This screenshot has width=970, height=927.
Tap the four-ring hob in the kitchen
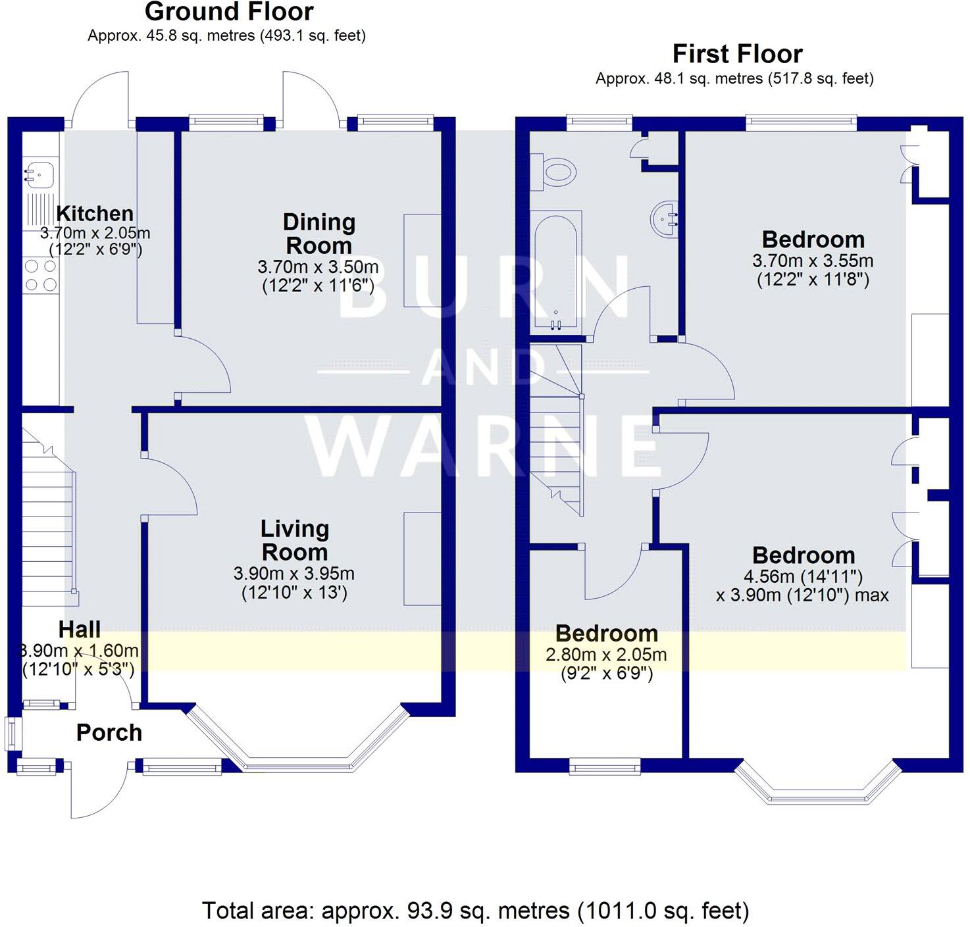point(41,276)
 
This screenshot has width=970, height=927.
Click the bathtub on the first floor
point(557,270)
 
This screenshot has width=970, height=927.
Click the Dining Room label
point(319,234)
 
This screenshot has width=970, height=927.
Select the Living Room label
point(294,540)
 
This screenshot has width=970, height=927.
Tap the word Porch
point(109,732)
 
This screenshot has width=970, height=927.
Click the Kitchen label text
point(95,213)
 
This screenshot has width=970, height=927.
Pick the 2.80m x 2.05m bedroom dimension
point(605,655)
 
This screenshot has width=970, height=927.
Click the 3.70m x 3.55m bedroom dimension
point(813,261)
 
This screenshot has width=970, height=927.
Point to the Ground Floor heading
point(229,12)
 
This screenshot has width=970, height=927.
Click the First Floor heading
point(737,53)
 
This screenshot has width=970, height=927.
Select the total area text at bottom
point(475,911)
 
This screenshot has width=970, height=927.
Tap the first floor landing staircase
point(557,428)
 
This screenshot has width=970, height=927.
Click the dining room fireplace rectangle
point(422,260)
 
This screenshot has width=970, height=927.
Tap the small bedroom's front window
point(604,765)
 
